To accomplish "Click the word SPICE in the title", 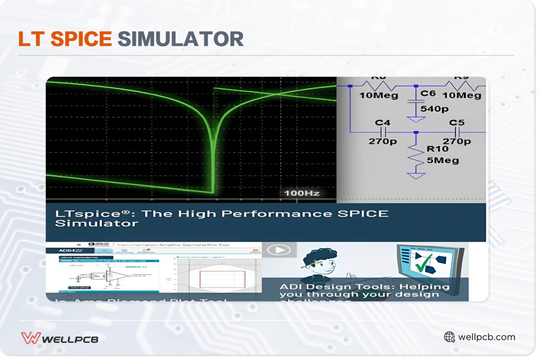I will pos(81,39).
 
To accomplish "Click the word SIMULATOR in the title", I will pos(180,39).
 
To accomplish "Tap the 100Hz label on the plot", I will pos(301,193).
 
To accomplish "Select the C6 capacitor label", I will pos(428,93).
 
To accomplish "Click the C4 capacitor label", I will pos(382,122).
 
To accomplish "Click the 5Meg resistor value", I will pos(443,160).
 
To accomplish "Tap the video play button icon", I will pos(279,250).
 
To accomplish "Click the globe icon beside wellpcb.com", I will pos(449,337).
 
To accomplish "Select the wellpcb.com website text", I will pos(486,337).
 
